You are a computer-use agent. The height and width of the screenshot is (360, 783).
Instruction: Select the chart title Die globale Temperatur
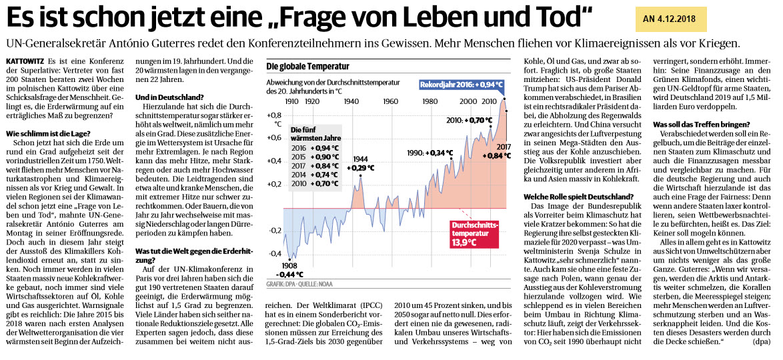pyautogui.click(x=307, y=67)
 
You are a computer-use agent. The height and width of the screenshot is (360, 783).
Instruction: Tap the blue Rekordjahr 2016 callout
pyautogui.click(x=461, y=85)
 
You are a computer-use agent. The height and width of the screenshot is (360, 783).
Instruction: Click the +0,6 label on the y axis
pyautogui.click(x=273, y=138)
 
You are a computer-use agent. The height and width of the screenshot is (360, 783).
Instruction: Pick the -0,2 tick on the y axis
pyautogui.click(x=274, y=231)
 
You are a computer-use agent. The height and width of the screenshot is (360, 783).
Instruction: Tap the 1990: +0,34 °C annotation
pyautogui.click(x=426, y=153)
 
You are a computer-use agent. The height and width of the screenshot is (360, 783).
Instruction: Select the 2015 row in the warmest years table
pyautogui.click(x=310, y=157)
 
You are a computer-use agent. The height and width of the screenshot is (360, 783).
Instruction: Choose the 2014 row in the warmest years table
pyautogui.click(x=310, y=175)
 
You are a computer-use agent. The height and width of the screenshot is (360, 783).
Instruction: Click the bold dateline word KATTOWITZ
pyautogui.click(x=24, y=61)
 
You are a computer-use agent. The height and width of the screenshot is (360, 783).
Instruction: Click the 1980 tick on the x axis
pyautogui.click(x=431, y=101)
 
